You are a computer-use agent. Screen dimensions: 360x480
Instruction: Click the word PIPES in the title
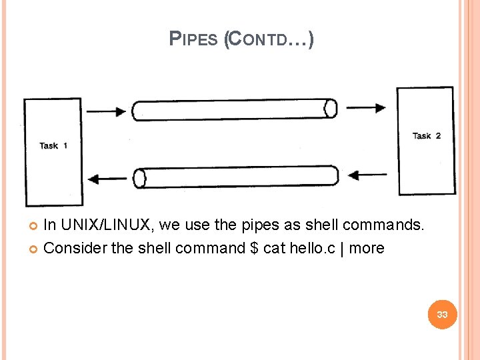click(193, 39)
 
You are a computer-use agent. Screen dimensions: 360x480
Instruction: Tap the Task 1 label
click(53, 145)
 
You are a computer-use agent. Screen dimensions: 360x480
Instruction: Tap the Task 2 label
click(427, 136)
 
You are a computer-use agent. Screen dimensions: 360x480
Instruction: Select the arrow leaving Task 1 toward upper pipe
click(106, 111)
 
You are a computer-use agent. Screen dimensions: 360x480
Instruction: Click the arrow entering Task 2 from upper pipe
click(367, 107)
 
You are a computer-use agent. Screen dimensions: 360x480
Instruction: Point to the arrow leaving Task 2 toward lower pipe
click(367, 175)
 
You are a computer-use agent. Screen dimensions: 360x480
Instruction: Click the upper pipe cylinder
click(233, 109)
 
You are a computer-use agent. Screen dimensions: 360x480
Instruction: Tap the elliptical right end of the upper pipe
click(330, 108)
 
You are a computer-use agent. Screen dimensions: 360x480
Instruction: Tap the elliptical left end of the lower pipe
click(139, 178)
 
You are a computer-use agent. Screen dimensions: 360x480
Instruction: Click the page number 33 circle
click(442, 314)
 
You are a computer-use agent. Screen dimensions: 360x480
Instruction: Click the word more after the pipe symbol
click(367, 248)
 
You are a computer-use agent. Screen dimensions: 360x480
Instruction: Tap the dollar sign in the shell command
click(253, 248)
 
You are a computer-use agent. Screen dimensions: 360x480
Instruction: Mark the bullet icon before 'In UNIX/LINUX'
click(34, 226)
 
